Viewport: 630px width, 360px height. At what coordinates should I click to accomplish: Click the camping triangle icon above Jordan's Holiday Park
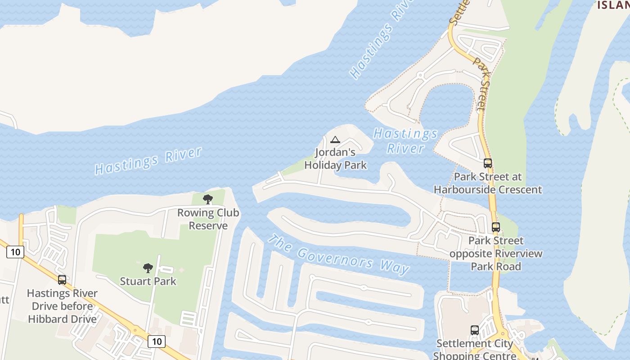pyautogui.click(x=335, y=140)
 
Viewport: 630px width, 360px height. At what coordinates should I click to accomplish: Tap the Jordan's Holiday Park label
pyautogui.click(x=336, y=159)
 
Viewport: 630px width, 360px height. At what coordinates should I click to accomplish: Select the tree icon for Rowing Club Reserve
pyautogui.click(x=208, y=199)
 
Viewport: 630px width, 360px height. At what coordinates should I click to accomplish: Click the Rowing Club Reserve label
pyautogui.click(x=208, y=219)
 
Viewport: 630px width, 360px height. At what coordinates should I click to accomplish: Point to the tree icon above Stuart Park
pyautogui.click(x=148, y=268)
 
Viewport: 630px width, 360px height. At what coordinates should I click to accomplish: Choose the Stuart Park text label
pyautogui.click(x=148, y=281)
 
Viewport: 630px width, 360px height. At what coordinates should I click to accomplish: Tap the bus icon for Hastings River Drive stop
pyautogui.click(x=62, y=280)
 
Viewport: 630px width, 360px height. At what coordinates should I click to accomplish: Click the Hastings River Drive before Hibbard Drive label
pyautogui.click(x=62, y=306)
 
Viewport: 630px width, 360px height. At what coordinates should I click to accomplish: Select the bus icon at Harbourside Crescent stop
pyautogui.click(x=488, y=163)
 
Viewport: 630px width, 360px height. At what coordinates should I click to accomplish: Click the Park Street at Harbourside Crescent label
pyautogui.click(x=488, y=183)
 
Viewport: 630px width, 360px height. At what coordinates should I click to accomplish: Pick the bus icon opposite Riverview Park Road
pyautogui.click(x=496, y=227)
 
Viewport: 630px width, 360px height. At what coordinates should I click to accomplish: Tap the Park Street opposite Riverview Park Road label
pyautogui.click(x=496, y=253)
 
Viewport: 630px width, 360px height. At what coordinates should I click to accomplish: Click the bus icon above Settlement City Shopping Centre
pyautogui.click(x=475, y=330)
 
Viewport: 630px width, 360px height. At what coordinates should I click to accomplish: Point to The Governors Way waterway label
pyautogui.click(x=338, y=254)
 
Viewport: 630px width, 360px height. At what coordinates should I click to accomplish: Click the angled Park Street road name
pyautogui.click(x=480, y=83)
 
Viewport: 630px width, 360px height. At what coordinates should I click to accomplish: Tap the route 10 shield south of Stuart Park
pyautogui.click(x=157, y=342)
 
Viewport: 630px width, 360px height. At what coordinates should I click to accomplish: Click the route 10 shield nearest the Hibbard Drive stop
pyautogui.click(x=15, y=252)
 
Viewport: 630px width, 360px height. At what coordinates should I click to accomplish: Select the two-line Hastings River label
pyautogui.click(x=405, y=141)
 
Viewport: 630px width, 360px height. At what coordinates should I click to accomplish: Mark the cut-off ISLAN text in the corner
pyautogui.click(x=613, y=5)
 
